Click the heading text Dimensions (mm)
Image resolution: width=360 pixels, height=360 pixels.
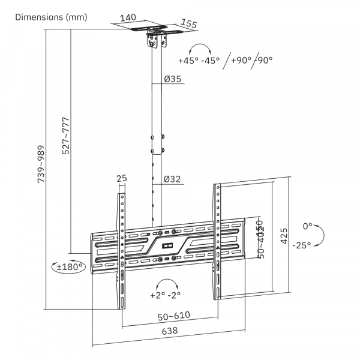click(51, 17)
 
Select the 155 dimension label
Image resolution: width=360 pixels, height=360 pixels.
click(189, 25)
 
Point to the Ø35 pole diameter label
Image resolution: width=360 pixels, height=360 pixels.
click(173, 79)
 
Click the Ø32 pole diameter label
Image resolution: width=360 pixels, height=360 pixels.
click(173, 178)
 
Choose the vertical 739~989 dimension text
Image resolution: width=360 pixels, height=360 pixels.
click(41, 164)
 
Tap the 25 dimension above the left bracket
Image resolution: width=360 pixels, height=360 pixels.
click(122, 178)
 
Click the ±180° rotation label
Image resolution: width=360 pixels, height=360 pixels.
click(68, 267)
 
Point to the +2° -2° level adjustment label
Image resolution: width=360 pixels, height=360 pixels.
click(166, 295)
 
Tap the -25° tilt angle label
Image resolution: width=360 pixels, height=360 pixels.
click(301, 245)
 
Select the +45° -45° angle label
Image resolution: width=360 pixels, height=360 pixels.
click(199, 60)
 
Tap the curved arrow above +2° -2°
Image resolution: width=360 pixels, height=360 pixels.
click(166, 283)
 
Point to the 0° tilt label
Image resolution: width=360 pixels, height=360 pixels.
click(308, 226)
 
